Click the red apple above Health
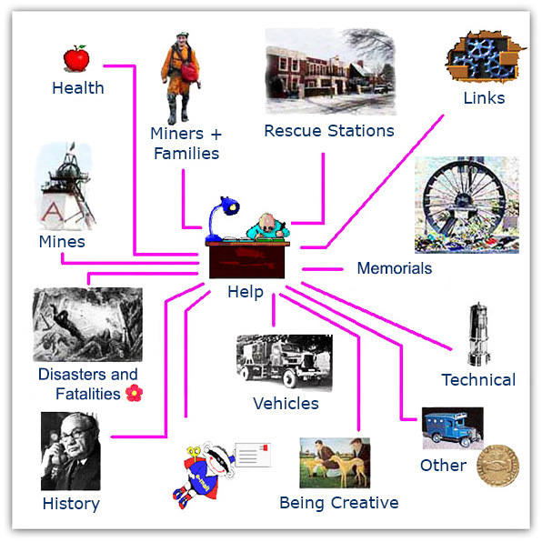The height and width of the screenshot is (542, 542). pyautogui.click(x=76, y=58)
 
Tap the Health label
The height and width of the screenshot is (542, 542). pyautogui.click(x=78, y=88)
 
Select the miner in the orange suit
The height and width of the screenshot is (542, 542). pyautogui.click(x=181, y=78)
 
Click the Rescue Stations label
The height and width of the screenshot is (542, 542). pyautogui.click(x=329, y=131)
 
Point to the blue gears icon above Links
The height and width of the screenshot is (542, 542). pyautogui.click(x=484, y=56)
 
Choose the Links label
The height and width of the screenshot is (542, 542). pyautogui.click(x=484, y=98)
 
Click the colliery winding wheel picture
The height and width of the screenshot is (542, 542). pyautogui.click(x=467, y=205)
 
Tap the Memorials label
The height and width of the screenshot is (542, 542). pyautogui.click(x=395, y=268)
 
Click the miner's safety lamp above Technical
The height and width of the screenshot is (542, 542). pyautogui.click(x=478, y=334)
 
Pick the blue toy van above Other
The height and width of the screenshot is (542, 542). pyautogui.click(x=453, y=428)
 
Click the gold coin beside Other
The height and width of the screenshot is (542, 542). pyautogui.click(x=497, y=466)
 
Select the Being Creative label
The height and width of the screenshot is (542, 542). pyautogui.click(x=338, y=503)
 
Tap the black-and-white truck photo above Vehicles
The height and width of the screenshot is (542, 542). pyautogui.click(x=284, y=362)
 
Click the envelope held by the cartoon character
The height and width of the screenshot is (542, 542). pyautogui.click(x=252, y=455)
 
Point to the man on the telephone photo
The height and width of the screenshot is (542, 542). pyautogui.click(x=71, y=451)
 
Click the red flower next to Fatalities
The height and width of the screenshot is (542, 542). pyautogui.click(x=134, y=393)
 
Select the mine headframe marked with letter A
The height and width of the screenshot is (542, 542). pyautogui.click(x=65, y=186)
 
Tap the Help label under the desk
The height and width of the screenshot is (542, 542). pyautogui.click(x=246, y=292)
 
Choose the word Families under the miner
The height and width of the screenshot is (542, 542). pyautogui.click(x=186, y=154)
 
